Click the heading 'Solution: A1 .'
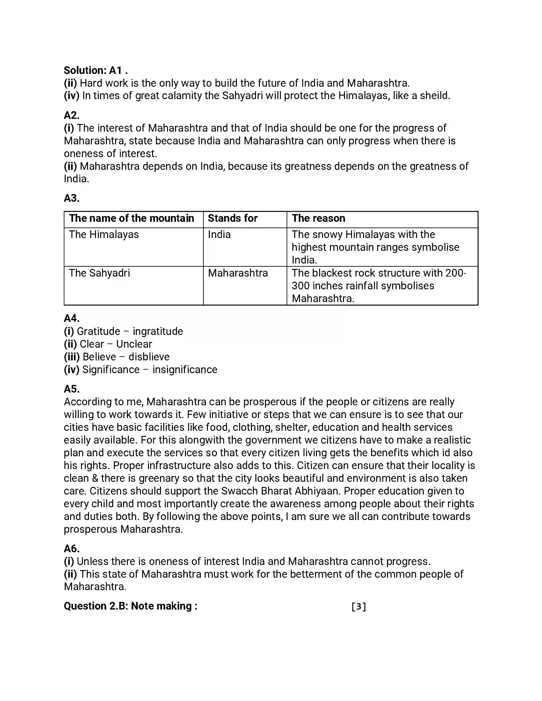point(96,70)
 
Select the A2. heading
point(72,115)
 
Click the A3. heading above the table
point(72,198)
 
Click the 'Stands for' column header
point(232,218)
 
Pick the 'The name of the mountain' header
point(131,218)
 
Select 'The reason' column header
point(318,218)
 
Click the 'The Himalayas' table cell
point(104,235)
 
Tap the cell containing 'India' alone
point(219,235)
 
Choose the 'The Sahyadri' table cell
point(99,273)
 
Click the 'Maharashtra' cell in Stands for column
point(238,273)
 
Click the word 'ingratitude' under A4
point(157,331)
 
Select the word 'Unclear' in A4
point(134,344)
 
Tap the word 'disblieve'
point(149,357)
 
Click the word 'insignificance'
point(185,370)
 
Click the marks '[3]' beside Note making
point(359,606)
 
